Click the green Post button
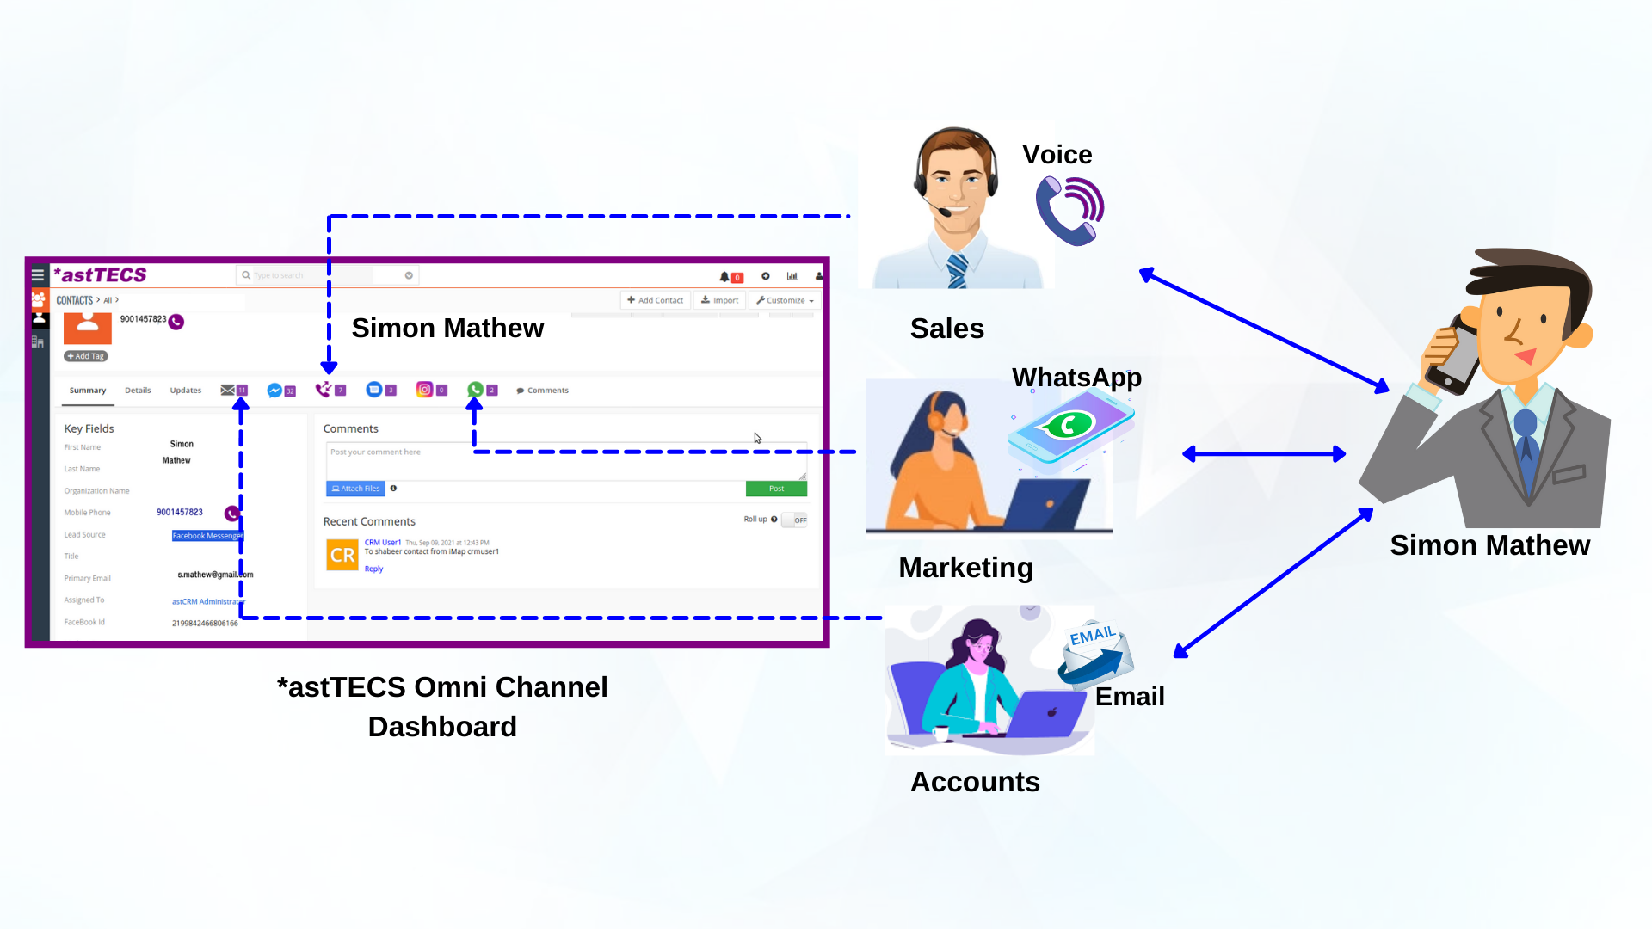pyautogui.click(x=776, y=489)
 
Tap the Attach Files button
pyautogui.click(x=355, y=489)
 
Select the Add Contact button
pyautogui.click(x=656, y=300)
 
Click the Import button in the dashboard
pyautogui.click(x=720, y=300)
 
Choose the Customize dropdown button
pyautogui.click(x=785, y=300)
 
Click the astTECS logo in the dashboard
pyautogui.click(x=101, y=275)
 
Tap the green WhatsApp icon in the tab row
pyautogui.click(x=475, y=390)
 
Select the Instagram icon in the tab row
pyautogui.click(x=424, y=390)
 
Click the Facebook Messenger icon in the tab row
pyautogui.click(x=274, y=391)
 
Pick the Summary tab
pyautogui.click(x=88, y=391)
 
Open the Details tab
pyautogui.click(x=138, y=391)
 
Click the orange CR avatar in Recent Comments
pyautogui.click(x=342, y=555)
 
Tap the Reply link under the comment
pyautogui.click(x=373, y=569)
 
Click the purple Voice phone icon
pyautogui.click(x=1069, y=211)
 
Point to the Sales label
pyautogui.click(x=946, y=329)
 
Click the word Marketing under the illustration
pyautogui.click(x=965, y=568)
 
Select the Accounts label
pyautogui.click(x=975, y=782)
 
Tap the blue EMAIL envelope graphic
pyautogui.click(x=1095, y=654)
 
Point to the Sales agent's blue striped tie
pyautogui.click(x=957, y=271)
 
